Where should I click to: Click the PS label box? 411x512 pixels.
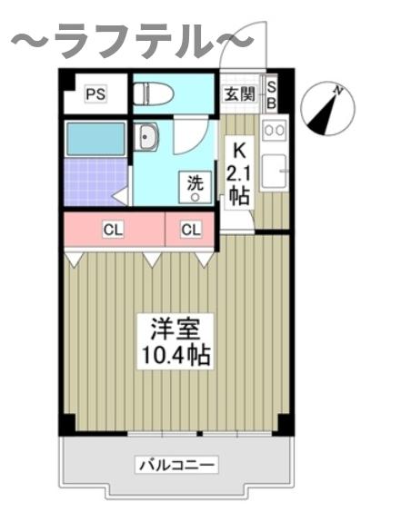click(95, 94)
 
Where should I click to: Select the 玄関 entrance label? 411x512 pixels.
click(239, 94)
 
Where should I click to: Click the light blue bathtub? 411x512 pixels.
click(95, 138)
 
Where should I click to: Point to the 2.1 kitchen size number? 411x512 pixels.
click(239, 172)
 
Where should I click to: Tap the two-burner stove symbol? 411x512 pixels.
click(274, 131)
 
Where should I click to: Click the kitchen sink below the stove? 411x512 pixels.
click(274, 170)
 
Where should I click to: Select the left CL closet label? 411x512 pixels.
click(112, 230)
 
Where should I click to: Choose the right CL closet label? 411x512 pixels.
click(190, 230)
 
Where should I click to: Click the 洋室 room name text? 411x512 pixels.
click(175, 328)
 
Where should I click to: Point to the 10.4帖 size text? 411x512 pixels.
click(175, 355)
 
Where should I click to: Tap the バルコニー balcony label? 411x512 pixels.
click(177, 466)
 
